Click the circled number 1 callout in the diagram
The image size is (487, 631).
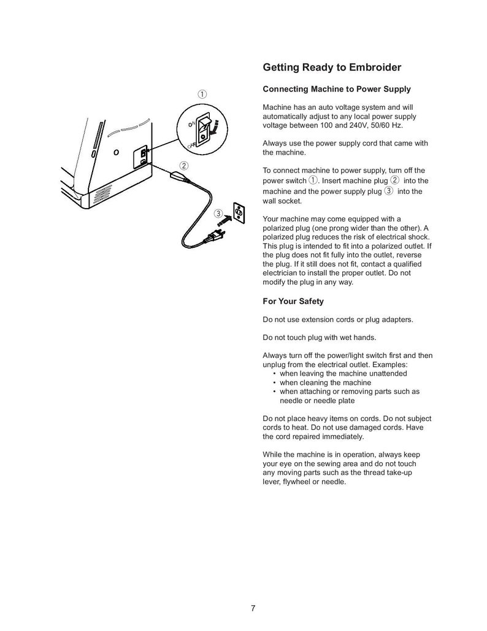(201, 94)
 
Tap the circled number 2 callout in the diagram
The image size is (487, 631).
(184, 166)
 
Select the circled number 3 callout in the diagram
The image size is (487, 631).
(218, 214)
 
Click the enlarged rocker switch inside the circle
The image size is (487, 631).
(207, 128)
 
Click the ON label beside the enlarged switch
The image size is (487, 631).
(191, 123)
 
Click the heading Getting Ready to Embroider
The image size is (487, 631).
(332, 67)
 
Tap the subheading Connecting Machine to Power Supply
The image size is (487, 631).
(336, 90)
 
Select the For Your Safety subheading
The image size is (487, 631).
(293, 301)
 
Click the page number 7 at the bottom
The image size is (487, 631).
(253, 608)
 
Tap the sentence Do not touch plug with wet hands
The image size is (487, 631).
(319, 337)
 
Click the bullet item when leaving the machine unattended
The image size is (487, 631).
(343, 373)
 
